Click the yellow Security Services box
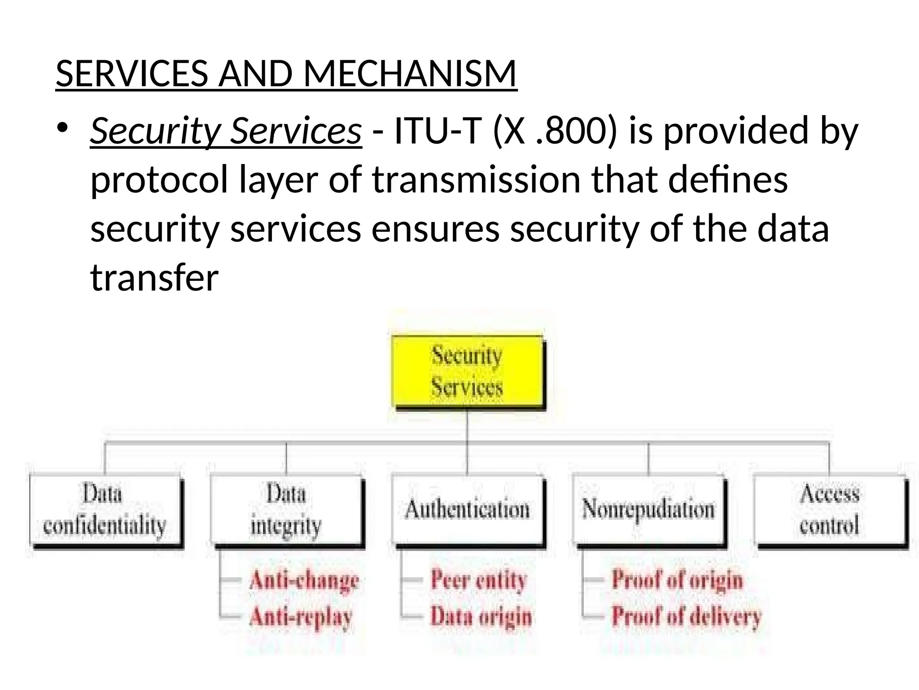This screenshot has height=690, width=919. point(467,371)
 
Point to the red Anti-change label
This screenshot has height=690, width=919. point(304,580)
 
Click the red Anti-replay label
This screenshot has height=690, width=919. point(301,616)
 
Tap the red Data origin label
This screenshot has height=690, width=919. point(481,616)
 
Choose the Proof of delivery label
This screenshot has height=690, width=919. point(687,616)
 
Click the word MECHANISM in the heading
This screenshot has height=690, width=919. point(410,74)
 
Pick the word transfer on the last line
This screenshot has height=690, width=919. point(154,278)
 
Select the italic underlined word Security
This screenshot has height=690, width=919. point(155,131)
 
